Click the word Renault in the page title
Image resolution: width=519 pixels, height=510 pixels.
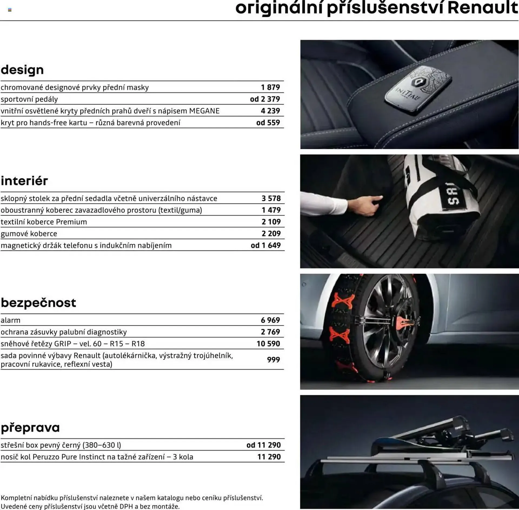click(483, 8)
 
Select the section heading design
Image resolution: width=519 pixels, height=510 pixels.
click(22, 70)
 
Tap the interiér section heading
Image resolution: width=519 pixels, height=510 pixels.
click(24, 181)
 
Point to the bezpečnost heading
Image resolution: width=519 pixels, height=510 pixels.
click(38, 303)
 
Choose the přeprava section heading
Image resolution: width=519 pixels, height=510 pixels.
click(30, 428)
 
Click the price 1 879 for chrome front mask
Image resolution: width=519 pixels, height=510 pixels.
click(270, 87)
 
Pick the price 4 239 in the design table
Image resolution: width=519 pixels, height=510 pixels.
click(270, 111)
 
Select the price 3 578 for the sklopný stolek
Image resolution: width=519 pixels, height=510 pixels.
click(271, 198)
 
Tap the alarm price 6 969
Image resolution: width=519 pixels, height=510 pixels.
click(270, 320)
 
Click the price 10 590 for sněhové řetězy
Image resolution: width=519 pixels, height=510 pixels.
click(268, 344)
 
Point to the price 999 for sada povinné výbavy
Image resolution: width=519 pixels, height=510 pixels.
click(273, 360)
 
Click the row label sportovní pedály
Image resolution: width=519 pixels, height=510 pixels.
click(29, 99)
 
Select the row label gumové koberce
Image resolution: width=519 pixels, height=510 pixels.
click(29, 234)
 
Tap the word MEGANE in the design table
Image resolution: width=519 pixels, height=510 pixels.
click(204, 111)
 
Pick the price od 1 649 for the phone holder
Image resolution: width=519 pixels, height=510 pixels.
click(265, 246)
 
